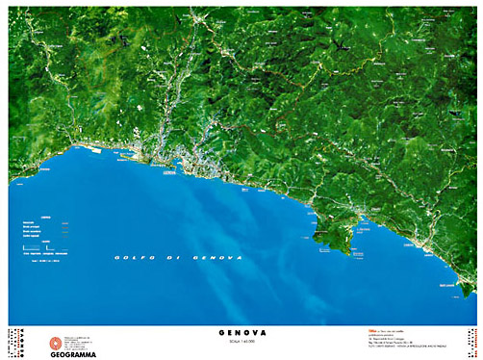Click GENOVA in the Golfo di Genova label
(215, 258)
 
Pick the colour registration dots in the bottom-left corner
(16, 342)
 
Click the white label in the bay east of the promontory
(367, 230)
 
